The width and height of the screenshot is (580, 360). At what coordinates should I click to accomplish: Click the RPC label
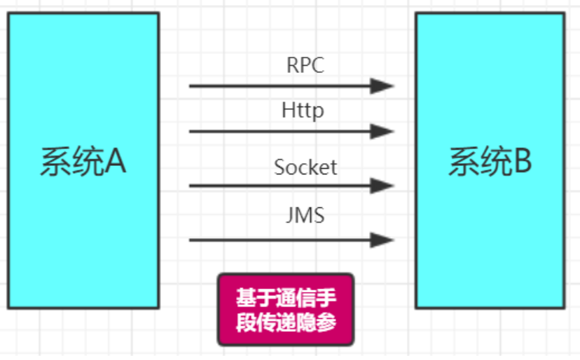[305, 65]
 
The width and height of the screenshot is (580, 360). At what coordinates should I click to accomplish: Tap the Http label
[303, 111]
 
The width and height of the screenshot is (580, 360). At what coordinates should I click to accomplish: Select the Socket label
[305, 167]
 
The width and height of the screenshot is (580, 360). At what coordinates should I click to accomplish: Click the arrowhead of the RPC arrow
[382, 86]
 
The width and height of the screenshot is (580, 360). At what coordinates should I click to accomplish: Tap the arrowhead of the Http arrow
[382, 131]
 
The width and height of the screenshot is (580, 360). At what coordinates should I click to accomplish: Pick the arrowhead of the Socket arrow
[382, 186]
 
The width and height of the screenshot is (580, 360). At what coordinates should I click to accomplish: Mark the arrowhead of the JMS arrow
[382, 240]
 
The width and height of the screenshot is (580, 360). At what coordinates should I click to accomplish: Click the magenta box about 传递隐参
[286, 310]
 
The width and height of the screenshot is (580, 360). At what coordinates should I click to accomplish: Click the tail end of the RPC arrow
[191, 86]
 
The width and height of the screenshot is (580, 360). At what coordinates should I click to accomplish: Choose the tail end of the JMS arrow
[191, 240]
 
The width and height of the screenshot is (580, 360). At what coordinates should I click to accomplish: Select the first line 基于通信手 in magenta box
[286, 298]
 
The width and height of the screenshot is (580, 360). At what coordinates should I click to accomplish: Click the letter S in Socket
[279, 168]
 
